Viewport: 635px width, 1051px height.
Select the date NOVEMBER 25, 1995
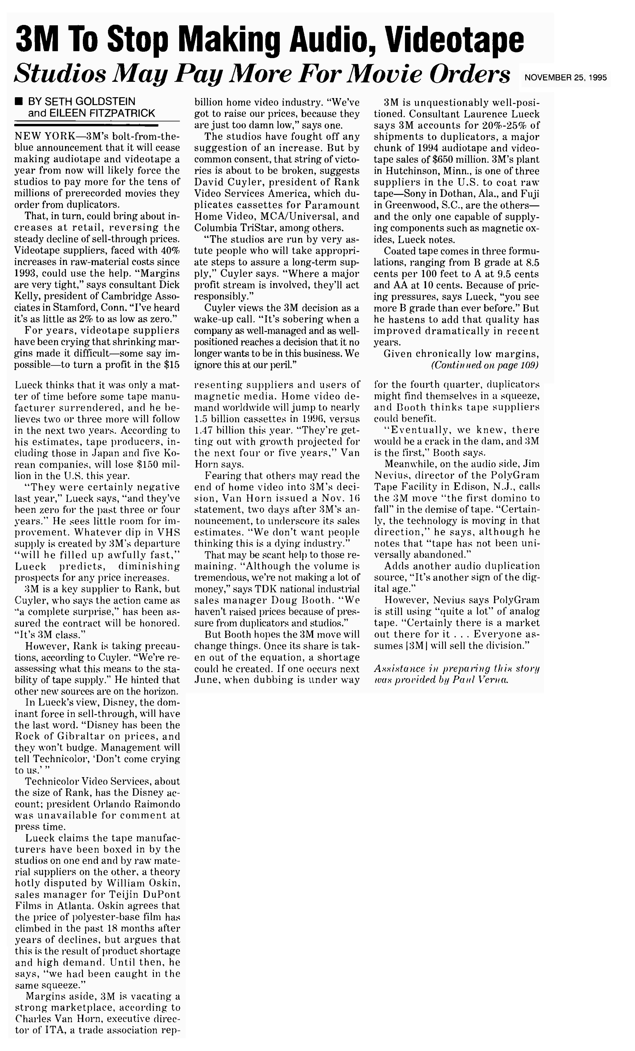pyautogui.click(x=565, y=78)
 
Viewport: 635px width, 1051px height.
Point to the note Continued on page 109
pyautogui.click(x=484, y=365)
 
